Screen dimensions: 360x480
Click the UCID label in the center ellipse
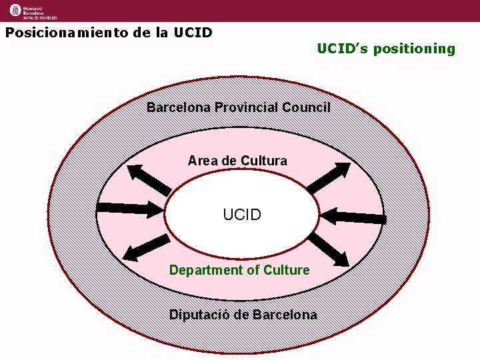point(242,215)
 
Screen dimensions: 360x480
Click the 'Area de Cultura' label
point(237,161)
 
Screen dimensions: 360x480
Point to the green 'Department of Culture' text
point(239,270)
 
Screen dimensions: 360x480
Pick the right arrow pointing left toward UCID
point(353,216)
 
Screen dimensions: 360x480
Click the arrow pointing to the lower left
point(145,247)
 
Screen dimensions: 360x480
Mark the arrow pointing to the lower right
point(331,248)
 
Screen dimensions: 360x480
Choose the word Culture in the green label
point(287,270)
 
